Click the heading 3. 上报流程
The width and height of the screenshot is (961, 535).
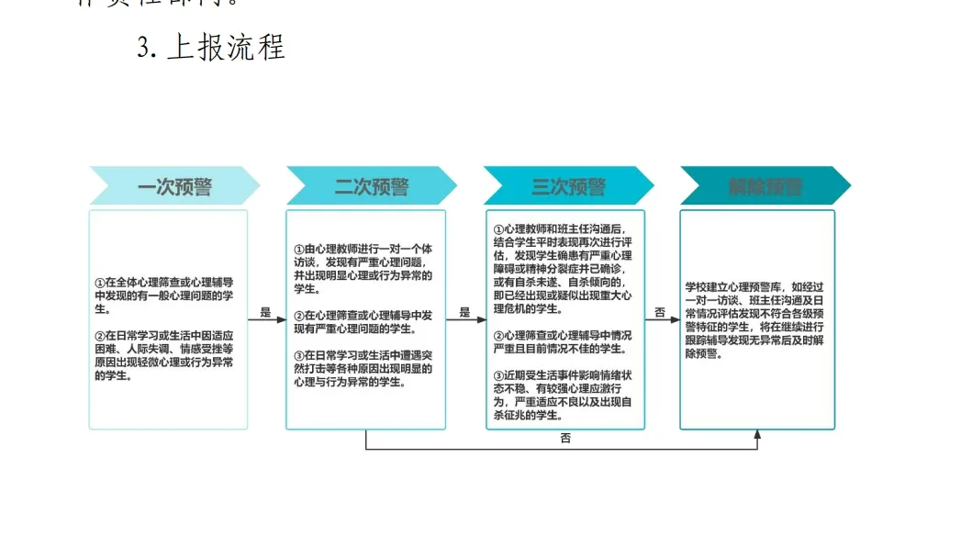(x=212, y=47)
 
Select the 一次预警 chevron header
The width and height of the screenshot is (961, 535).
(x=174, y=187)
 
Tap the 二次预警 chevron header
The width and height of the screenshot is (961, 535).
(x=372, y=187)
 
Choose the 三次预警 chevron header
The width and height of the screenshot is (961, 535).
(x=569, y=187)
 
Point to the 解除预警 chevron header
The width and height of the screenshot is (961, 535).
(x=765, y=187)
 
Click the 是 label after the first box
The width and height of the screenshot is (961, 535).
(x=266, y=313)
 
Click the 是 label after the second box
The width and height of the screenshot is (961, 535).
(x=464, y=313)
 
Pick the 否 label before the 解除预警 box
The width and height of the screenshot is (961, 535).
(x=661, y=313)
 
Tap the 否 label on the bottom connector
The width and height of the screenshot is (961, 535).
(x=565, y=439)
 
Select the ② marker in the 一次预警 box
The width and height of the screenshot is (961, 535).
(x=100, y=335)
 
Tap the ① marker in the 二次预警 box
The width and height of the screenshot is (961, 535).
(x=298, y=250)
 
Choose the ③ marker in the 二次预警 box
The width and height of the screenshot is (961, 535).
(x=298, y=355)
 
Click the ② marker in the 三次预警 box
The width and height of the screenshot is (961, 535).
(x=498, y=336)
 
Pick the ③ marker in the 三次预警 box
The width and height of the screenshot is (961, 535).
(x=498, y=374)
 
